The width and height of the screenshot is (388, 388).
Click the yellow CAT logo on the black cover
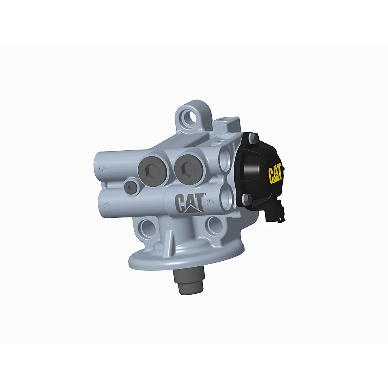pyautogui.click(x=275, y=173)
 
